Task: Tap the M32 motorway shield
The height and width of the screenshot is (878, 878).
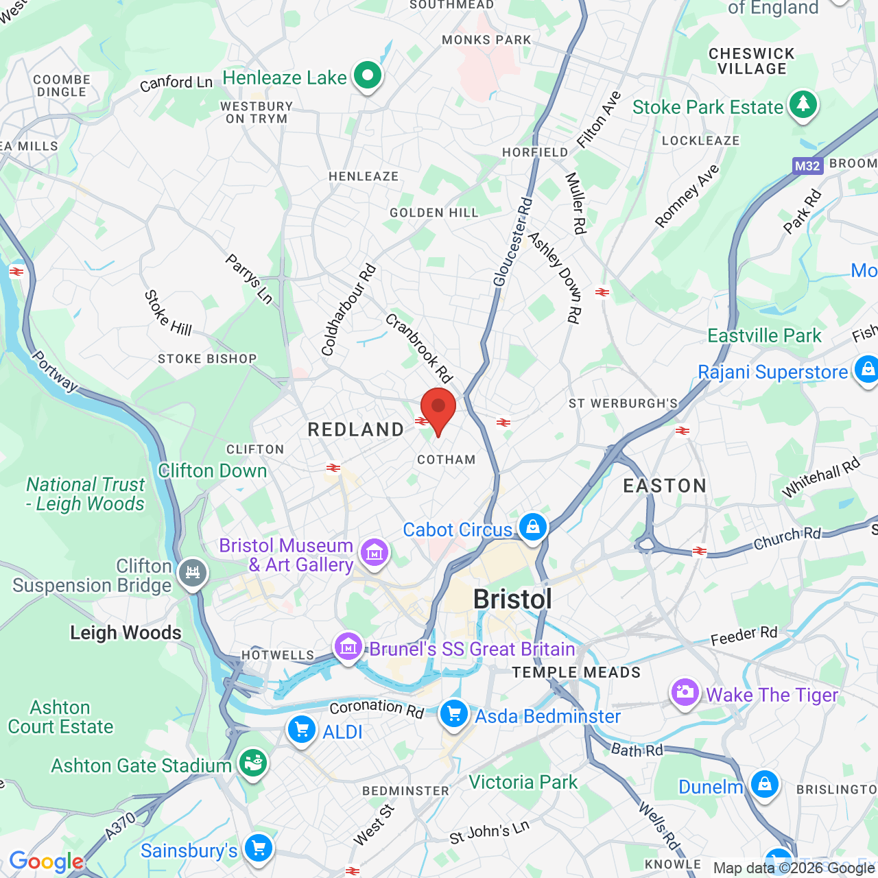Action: pos(807,165)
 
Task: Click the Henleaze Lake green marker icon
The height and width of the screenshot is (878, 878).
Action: pos(368,75)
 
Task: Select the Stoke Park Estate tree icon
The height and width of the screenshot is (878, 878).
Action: pos(803,106)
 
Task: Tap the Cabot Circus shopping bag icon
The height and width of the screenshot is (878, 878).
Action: pos(533,527)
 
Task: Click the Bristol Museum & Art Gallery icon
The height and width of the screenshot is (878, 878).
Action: pos(374,552)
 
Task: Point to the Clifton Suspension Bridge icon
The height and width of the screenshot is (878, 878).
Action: pos(193,573)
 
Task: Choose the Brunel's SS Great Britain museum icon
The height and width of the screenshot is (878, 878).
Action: pos(348,646)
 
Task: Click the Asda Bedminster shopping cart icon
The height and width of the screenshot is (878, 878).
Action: pos(454,714)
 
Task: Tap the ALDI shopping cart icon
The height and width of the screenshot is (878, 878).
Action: pos(302,730)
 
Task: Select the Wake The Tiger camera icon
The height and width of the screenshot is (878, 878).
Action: pos(685,693)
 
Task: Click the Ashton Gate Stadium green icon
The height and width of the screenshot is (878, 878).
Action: pos(253,763)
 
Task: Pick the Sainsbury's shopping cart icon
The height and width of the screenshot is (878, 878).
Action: pos(259,849)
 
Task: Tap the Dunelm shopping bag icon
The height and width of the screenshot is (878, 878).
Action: pos(764,784)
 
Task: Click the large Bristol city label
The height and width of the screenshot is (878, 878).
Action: pos(512,600)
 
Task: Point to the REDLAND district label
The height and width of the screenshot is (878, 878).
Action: pos(356,430)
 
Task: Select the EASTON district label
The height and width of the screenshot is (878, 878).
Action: pos(665,486)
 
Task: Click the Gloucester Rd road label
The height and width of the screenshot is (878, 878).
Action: pos(512,242)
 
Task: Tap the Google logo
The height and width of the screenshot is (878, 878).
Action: pos(46,862)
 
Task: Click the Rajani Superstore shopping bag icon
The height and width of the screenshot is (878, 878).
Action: pos(867,370)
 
